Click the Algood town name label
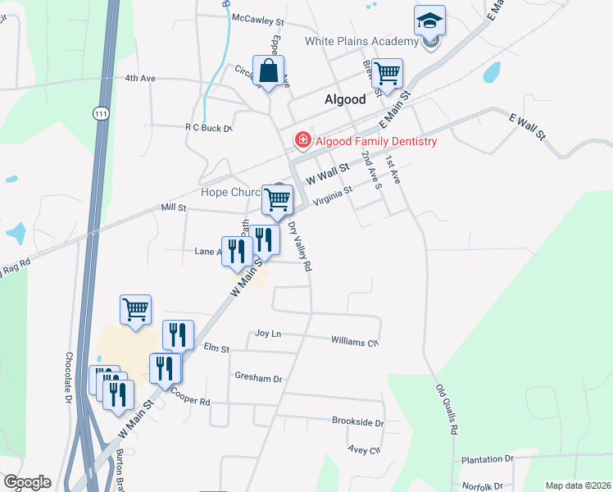(344, 99)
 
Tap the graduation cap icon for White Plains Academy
(429, 21)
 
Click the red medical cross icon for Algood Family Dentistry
(302, 141)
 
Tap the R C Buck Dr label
(209, 128)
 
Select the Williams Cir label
(355, 340)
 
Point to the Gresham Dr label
(258, 379)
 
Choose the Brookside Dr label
(357, 421)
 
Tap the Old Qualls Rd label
(447, 409)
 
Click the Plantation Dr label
(486, 459)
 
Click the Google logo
(27, 482)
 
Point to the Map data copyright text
(578, 485)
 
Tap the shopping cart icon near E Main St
(386, 72)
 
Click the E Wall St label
(527, 127)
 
